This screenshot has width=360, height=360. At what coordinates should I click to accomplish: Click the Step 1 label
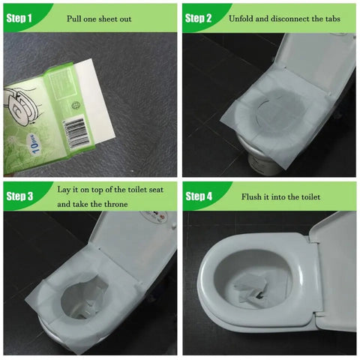tap(19, 18)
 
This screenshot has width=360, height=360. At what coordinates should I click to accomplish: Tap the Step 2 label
tap(198, 18)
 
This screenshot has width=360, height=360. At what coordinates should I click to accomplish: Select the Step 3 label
tap(19, 196)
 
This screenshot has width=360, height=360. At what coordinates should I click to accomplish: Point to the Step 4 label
tap(199, 196)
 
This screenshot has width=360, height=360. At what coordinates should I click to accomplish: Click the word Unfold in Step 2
tap(241, 19)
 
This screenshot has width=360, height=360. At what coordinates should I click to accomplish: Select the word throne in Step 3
tap(116, 204)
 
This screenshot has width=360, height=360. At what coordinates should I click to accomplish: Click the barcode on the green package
tap(77, 132)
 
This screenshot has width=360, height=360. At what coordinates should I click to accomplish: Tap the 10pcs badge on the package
tap(34, 143)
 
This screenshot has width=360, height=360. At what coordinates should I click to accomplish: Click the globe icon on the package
tap(76, 106)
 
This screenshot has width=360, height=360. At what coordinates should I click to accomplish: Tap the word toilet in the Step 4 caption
tap(310, 196)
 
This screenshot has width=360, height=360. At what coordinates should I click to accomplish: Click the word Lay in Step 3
tap(64, 190)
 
